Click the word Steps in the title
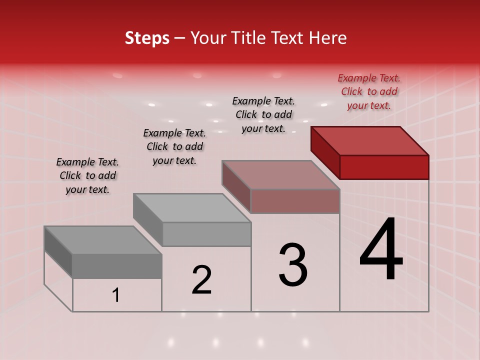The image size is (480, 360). click(147, 38)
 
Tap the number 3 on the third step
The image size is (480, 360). click(293, 265)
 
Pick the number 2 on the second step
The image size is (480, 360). click(202, 280)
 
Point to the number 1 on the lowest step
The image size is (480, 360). click(116, 295)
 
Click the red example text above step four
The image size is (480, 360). click(369, 91)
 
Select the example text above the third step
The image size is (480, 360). click(263, 114)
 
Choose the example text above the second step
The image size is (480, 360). click(174, 146)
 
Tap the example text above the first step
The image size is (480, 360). click(87, 175)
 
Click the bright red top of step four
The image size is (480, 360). click(370, 140)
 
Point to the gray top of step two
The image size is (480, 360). click(192, 207)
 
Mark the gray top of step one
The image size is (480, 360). click(103, 240)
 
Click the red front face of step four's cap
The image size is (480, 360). click(384, 167)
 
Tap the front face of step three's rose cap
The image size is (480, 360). click(295, 201)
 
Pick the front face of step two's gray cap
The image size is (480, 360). click(206, 234)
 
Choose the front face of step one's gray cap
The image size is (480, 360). click(117, 266)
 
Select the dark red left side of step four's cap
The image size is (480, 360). click(325, 152)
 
